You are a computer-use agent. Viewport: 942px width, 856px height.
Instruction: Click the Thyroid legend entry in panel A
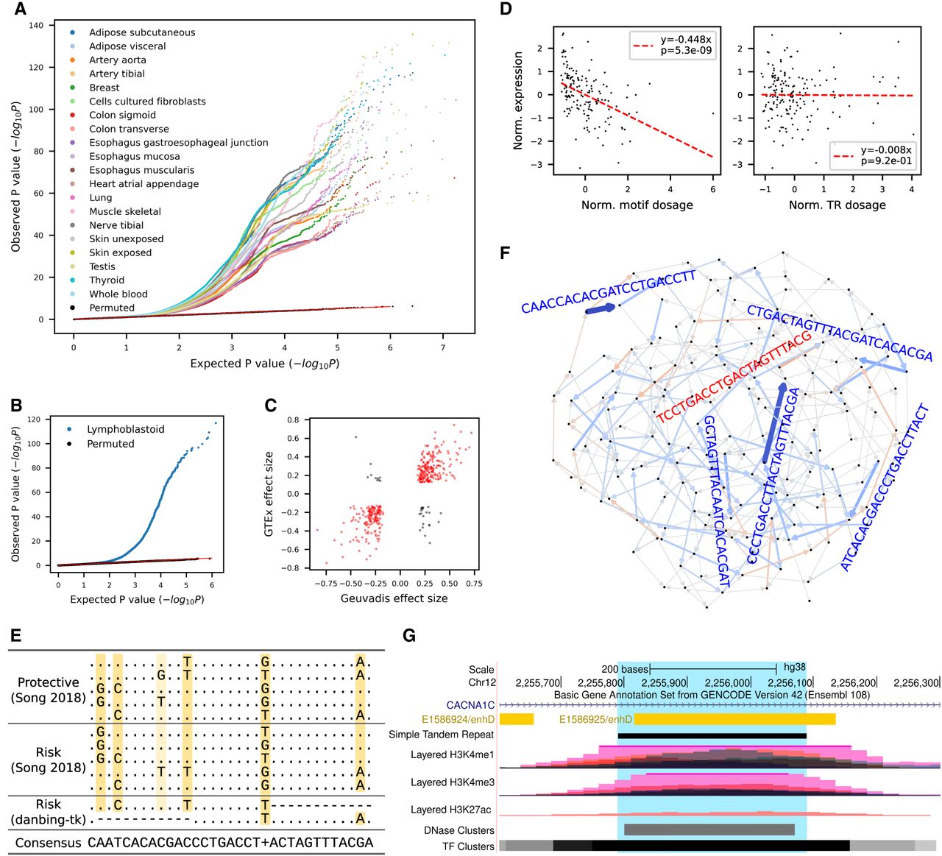pos(107,280)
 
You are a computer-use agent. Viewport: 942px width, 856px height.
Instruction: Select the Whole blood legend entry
pos(118,294)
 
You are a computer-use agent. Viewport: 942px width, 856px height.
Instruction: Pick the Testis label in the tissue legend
pos(102,266)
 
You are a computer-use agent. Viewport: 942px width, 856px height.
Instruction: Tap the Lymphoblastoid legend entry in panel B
pos(125,429)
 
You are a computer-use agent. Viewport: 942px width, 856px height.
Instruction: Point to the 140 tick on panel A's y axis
pos(36,26)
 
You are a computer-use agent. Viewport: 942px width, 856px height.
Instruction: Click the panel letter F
pos(505,253)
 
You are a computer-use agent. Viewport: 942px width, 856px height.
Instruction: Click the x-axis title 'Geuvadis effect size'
pos(394,598)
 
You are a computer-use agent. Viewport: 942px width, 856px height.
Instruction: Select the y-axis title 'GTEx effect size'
pos(269,493)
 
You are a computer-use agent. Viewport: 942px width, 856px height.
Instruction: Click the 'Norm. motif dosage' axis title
pos(637,205)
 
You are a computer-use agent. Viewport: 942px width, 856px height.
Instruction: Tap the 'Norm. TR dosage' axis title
pos(837,205)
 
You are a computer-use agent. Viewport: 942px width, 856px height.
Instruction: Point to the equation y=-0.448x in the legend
pos(686,39)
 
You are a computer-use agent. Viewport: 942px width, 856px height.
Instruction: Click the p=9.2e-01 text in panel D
pos(886,160)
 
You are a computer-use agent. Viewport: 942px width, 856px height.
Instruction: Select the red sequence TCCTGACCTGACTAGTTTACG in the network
pos(734,377)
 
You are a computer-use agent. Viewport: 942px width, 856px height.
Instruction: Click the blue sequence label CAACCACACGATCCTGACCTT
pos(609,291)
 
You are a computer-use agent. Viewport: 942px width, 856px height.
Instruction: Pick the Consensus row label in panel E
pos(48,843)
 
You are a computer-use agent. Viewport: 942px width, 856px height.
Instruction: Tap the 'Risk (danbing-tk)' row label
pos(48,812)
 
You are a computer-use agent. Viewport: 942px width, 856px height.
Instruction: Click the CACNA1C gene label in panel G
pos(470,705)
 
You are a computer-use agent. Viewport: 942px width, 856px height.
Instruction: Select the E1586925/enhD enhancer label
pos(595,719)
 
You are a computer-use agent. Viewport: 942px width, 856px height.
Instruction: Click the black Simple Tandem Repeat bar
pos(712,735)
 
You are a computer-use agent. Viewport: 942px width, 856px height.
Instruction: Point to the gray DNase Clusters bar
pos(709,830)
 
